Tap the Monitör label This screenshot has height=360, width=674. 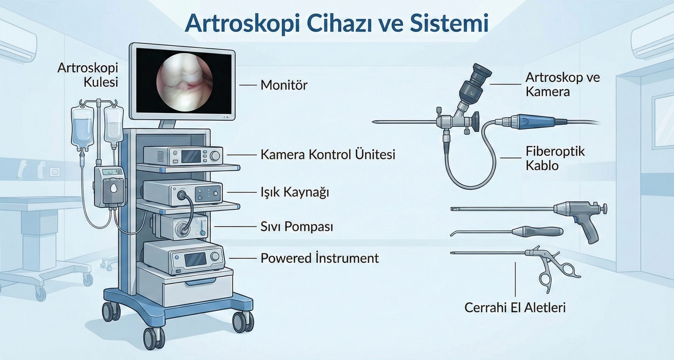(284, 85)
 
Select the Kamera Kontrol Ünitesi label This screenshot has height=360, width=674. (328, 155)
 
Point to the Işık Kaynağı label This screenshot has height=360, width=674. (295, 193)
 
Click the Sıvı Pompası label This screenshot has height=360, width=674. (297, 227)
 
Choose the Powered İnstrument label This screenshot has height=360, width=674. (320, 258)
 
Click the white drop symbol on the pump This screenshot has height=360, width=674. (113, 188)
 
